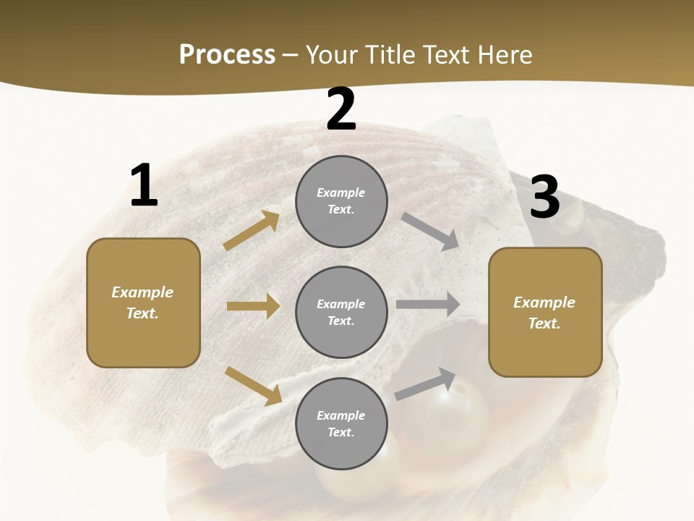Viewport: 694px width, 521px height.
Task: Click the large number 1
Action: (x=144, y=186)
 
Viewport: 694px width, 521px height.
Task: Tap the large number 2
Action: (x=341, y=109)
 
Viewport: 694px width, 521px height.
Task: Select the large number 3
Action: (x=544, y=198)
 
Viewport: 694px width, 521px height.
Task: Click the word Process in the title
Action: (x=227, y=54)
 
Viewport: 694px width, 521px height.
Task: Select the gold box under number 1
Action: (x=143, y=302)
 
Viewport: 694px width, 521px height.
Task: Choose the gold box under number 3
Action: (x=545, y=313)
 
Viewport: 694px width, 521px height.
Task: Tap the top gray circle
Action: (x=341, y=201)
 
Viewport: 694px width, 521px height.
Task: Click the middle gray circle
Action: (x=341, y=313)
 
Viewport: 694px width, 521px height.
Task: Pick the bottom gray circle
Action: (x=341, y=424)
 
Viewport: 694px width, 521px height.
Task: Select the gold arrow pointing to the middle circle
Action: (x=253, y=306)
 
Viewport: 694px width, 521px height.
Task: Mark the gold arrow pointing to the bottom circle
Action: (x=253, y=385)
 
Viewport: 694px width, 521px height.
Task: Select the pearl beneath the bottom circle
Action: (x=361, y=485)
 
